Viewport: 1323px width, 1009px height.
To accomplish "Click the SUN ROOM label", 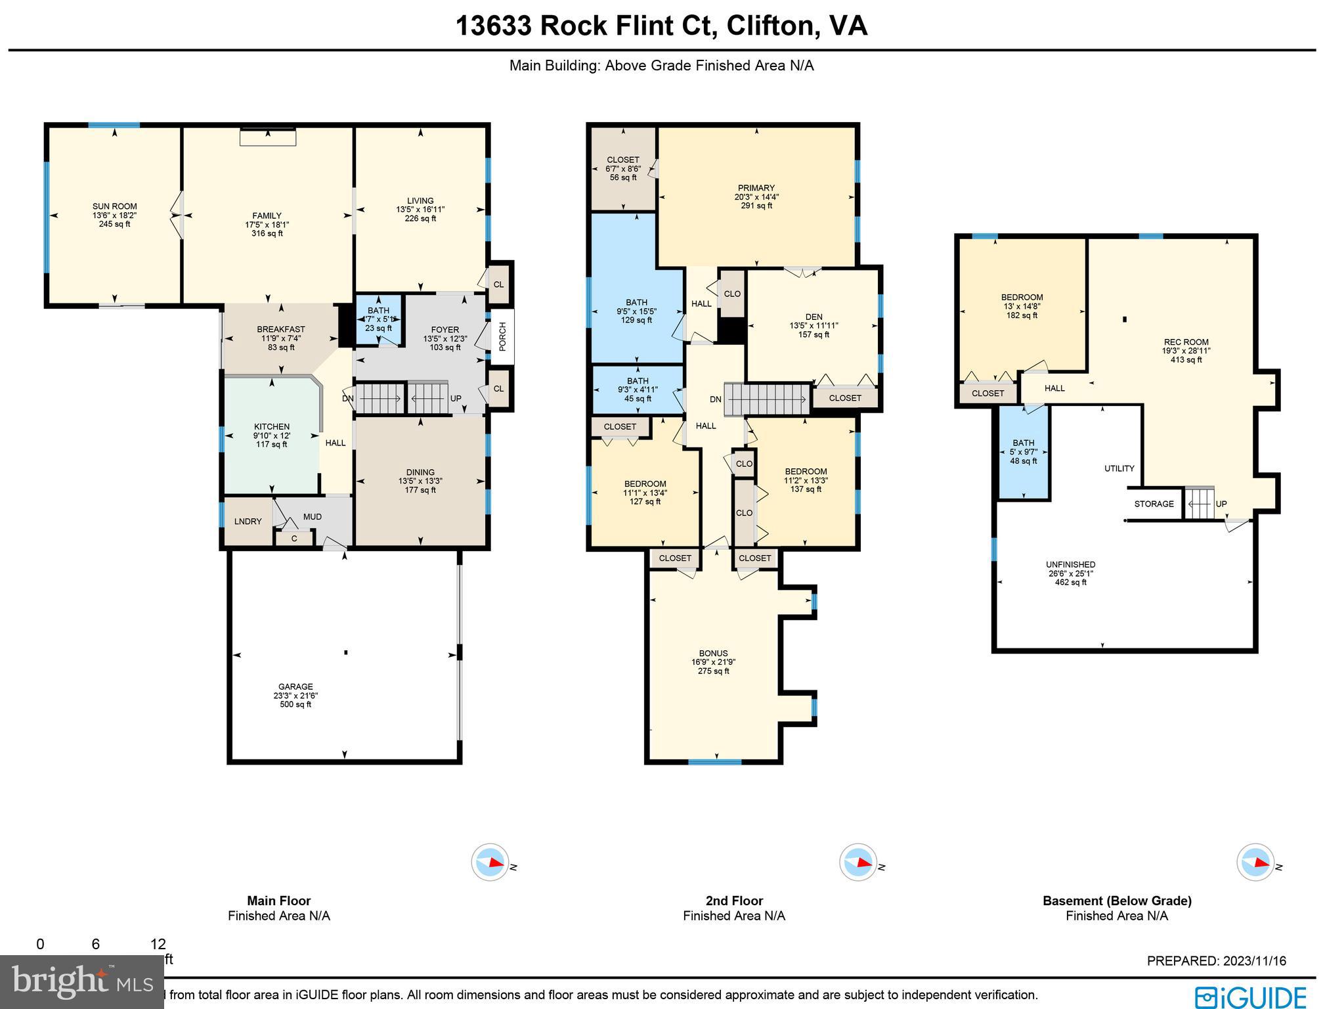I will pyautogui.click(x=114, y=206).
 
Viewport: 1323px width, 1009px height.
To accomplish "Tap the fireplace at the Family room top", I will pyautogui.click(x=268, y=137).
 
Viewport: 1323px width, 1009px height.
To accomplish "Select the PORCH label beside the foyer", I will pyautogui.click(x=503, y=336).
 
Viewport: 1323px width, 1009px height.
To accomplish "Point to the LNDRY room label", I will pyautogui.click(x=248, y=522).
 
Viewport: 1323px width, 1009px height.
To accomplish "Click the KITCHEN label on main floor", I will pyautogui.click(x=272, y=427).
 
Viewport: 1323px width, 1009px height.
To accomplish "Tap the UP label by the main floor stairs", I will pyautogui.click(x=456, y=399).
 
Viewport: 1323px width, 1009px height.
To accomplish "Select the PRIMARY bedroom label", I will pyautogui.click(x=756, y=188).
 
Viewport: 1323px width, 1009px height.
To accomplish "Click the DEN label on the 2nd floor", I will pyautogui.click(x=814, y=317).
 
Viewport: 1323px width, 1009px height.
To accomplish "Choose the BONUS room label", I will pyautogui.click(x=714, y=654).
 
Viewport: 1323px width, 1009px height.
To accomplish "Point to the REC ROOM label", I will pyautogui.click(x=1186, y=342).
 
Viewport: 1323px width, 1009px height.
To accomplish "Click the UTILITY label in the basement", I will pyautogui.click(x=1119, y=468).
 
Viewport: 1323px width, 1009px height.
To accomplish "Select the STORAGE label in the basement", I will pyautogui.click(x=1154, y=504).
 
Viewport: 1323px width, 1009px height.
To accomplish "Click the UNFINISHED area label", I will pyautogui.click(x=1071, y=564).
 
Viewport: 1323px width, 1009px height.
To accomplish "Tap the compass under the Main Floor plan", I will pyautogui.click(x=490, y=863).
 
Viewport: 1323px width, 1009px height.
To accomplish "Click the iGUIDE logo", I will pyautogui.click(x=1251, y=997).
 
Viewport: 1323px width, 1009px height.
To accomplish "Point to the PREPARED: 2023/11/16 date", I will pyautogui.click(x=1217, y=961).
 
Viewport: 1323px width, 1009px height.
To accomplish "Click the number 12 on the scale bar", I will pyautogui.click(x=158, y=944).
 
